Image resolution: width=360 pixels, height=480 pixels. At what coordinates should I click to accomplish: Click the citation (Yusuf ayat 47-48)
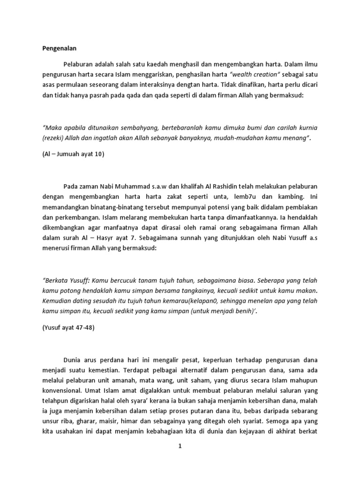68,327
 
